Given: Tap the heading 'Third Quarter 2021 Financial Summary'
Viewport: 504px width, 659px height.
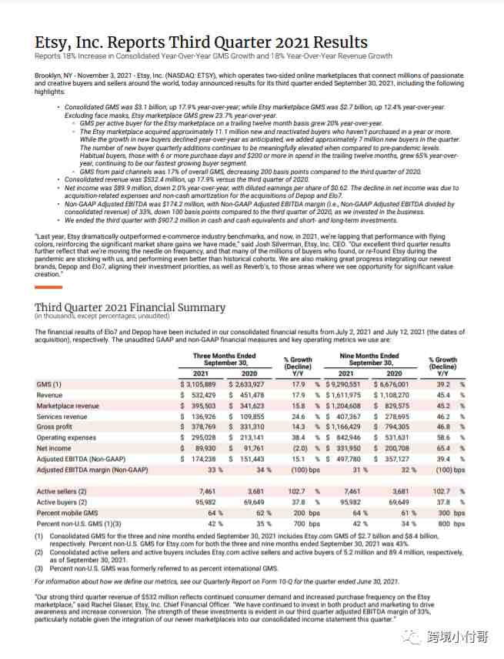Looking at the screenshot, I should coord(130,308).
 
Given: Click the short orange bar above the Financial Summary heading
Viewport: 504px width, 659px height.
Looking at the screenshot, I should coord(48,287).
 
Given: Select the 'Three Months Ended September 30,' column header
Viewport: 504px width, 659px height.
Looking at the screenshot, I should coord(225,360).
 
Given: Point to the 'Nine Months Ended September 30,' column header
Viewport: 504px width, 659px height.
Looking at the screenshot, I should coord(369,360).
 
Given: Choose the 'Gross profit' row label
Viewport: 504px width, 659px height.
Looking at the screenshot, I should coord(56,427).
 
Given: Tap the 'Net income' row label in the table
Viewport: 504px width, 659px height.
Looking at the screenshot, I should coord(54,448).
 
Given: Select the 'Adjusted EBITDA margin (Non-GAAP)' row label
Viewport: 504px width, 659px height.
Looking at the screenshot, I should coord(91,470).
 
